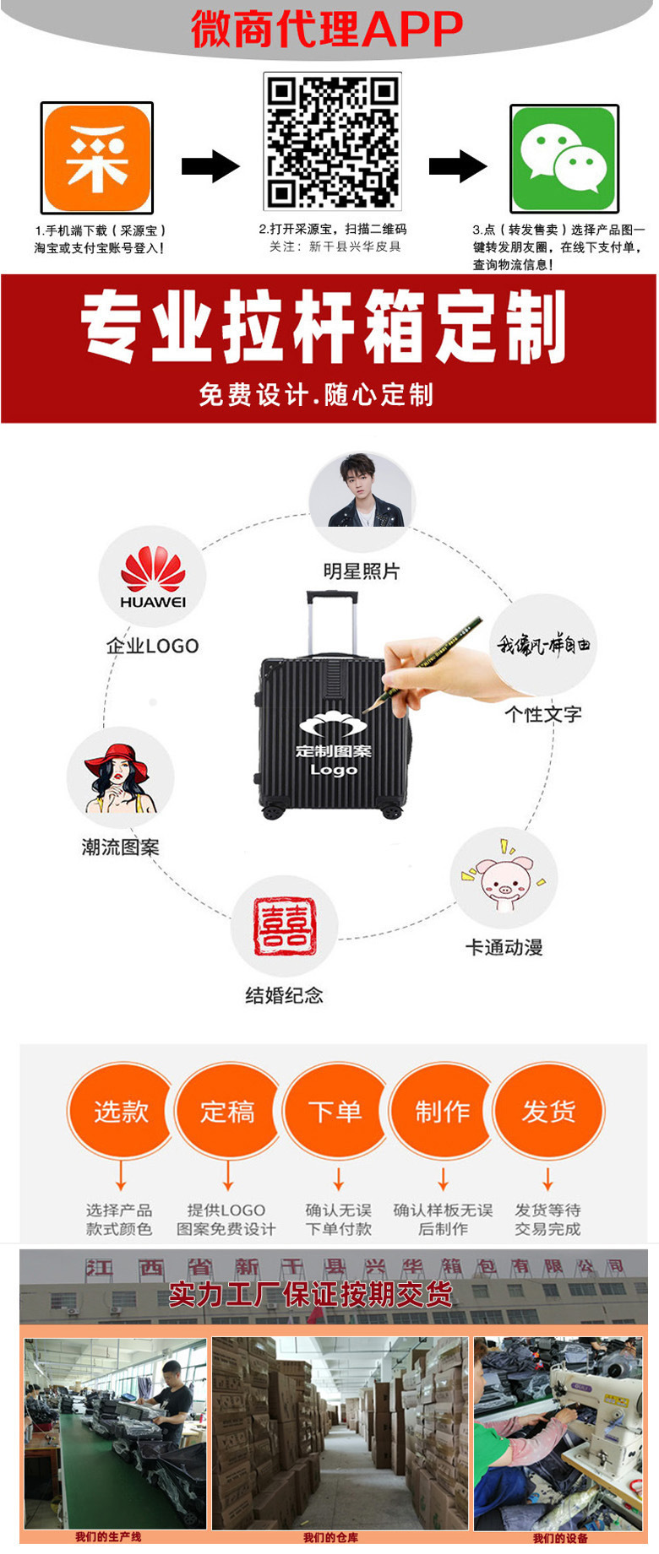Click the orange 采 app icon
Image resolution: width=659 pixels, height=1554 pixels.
click(x=97, y=158)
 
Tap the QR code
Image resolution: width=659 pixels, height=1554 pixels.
click(x=332, y=140)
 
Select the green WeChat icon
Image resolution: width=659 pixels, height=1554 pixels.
click(x=564, y=159)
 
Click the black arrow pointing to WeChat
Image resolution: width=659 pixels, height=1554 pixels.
click(x=458, y=165)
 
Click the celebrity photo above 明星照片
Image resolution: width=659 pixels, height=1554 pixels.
click(x=361, y=491)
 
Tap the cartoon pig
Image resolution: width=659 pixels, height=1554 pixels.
click(x=504, y=881)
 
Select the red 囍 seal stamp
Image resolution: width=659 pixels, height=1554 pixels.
click(x=285, y=926)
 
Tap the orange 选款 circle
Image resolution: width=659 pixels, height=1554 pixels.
click(x=121, y=1111)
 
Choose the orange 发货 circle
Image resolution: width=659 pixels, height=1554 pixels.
click(x=548, y=1111)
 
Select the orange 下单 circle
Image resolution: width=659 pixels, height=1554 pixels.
click(x=335, y=1111)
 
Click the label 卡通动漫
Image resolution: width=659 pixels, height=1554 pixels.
click(x=504, y=947)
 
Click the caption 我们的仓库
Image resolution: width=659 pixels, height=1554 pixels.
click(x=330, y=1538)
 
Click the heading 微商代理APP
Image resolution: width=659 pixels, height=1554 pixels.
click(x=327, y=30)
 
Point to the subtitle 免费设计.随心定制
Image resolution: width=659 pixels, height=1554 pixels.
click(x=316, y=394)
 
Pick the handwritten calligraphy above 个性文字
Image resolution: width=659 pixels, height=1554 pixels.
click(x=543, y=646)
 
